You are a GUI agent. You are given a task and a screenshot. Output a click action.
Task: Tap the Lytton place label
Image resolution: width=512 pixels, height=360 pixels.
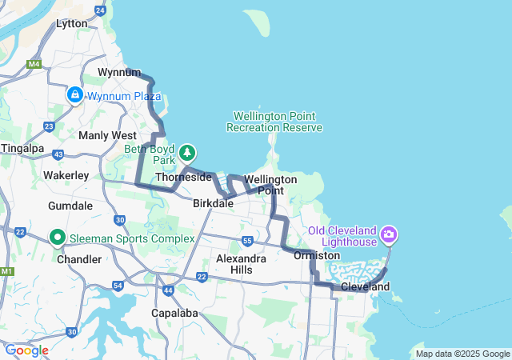click(x=71, y=23)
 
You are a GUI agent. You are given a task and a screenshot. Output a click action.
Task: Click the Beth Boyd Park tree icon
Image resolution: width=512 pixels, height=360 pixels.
click(x=187, y=151)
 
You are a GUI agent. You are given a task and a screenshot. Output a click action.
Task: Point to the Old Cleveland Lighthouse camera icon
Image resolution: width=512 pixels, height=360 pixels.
click(x=389, y=234)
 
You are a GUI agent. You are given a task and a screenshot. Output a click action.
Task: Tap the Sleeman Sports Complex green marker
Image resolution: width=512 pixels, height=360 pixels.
click(x=58, y=238)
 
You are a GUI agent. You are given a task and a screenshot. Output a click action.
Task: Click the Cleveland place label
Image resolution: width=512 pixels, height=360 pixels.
click(x=365, y=286)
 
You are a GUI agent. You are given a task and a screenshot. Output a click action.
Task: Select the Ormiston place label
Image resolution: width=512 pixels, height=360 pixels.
click(x=317, y=255)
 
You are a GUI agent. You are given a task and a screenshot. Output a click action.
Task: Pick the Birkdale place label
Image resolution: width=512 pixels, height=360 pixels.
click(x=213, y=203)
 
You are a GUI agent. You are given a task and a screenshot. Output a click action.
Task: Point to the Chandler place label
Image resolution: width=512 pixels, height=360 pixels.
click(x=79, y=259)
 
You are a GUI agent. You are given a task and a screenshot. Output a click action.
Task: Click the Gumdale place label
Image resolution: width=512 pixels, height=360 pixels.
click(x=70, y=206)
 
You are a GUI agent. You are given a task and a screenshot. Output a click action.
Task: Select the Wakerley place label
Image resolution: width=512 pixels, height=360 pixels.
click(x=66, y=174)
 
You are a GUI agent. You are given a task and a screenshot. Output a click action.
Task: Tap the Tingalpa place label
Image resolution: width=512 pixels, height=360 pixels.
click(x=22, y=148)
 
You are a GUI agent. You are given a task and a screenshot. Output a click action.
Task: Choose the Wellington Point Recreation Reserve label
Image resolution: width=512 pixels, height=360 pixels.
click(x=274, y=122)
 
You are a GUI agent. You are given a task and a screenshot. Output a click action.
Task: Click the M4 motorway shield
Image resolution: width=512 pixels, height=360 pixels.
click(x=34, y=64)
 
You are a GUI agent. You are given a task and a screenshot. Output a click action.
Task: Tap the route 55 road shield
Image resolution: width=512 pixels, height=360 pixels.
click(x=248, y=240)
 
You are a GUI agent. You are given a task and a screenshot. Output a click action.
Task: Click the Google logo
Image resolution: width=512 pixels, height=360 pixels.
click(x=26, y=350)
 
